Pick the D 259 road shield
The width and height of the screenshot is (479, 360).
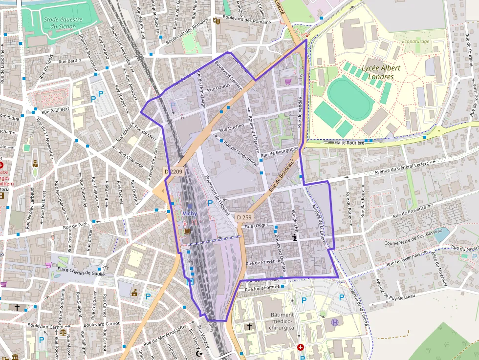(x=244, y=217)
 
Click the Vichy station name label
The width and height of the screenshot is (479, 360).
(x=189, y=213)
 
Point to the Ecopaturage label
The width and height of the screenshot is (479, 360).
(x=415, y=42)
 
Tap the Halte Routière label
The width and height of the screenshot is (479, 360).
(x=349, y=143)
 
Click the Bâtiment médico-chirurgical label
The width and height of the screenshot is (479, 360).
(x=282, y=321)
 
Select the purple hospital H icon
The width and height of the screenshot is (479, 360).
(x=335, y=322)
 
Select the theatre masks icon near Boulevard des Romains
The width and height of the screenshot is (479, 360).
(x=216, y=21)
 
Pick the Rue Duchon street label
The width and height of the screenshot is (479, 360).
(x=232, y=128)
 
